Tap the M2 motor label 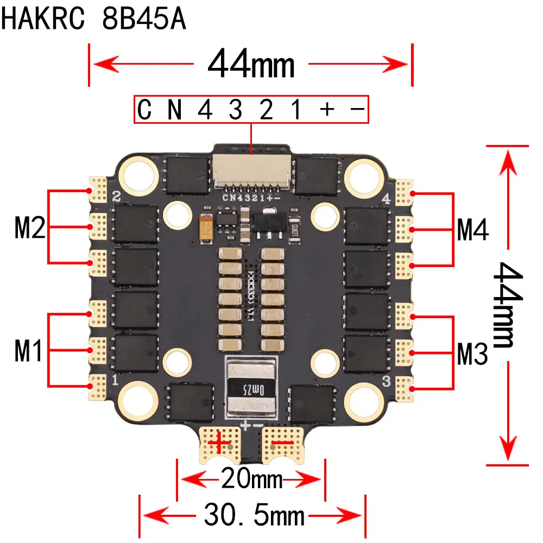pyautogui.click(x=29, y=228)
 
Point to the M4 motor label pyautogui.click(x=472, y=229)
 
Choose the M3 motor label pyautogui.click(x=472, y=354)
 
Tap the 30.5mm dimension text pyautogui.click(x=254, y=514)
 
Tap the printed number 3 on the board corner pyautogui.click(x=386, y=381)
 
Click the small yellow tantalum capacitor pyautogui.click(x=206, y=226)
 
